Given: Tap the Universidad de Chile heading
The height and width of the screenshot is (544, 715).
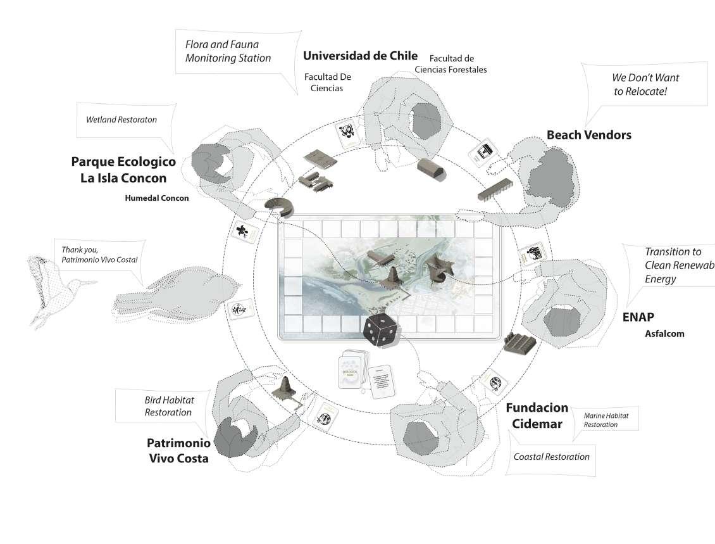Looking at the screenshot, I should tap(360, 56).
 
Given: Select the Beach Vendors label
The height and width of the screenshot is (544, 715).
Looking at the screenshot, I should tap(588, 135).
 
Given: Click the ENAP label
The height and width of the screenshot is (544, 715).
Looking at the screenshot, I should tap(638, 317).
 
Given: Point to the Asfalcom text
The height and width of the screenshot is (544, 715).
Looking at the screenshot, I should tap(664, 334).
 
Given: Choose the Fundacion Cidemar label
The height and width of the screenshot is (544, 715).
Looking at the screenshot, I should tap(536, 416).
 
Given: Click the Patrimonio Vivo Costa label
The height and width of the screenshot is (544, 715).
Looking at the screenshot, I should tap(178, 450).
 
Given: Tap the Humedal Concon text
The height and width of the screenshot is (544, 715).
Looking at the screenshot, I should tap(157, 198).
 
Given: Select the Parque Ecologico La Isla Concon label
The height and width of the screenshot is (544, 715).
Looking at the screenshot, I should tap(123, 170).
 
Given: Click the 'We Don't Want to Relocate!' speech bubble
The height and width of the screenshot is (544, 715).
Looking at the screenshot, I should tap(645, 84).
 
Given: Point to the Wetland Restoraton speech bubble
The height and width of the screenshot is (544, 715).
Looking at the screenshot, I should tap(121, 119).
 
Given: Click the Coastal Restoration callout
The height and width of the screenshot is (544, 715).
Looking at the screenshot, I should tap(551, 457).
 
